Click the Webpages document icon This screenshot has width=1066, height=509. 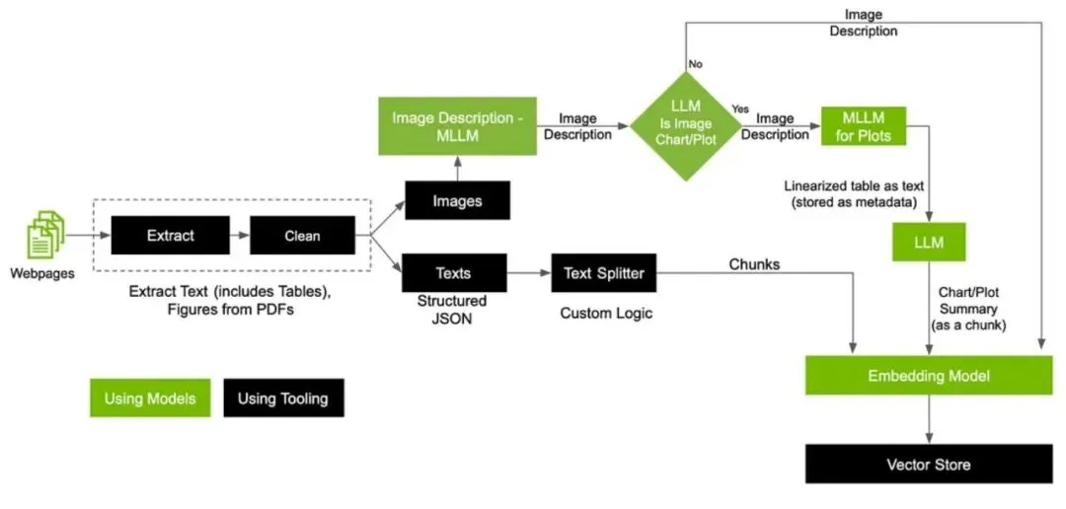pyautogui.click(x=43, y=238)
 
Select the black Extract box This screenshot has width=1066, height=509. pyautogui.click(x=171, y=237)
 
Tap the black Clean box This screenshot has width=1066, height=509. pyautogui.click(x=302, y=237)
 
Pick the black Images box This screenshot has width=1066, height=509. pyautogui.click(x=457, y=200)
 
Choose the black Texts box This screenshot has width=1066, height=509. pyautogui.click(x=453, y=272)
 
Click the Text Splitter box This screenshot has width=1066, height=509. pyautogui.click(x=604, y=272)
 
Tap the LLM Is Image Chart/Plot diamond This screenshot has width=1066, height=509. pyautogui.click(x=685, y=125)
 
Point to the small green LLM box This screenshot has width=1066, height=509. pyautogui.click(x=929, y=242)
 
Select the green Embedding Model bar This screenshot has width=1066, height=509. pyautogui.click(x=929, y=376)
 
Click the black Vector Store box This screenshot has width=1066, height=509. pyautogui.click(x=929, y=464)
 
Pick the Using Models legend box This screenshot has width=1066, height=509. pyautogui.click(x=150, y=398)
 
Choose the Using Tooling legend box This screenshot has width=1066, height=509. pyautogui.click(x=283, y=398)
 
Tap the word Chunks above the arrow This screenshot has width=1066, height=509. pyautogui.click(x=754, y=263)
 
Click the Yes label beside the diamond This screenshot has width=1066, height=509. pyautogui.click(x=739, y=108)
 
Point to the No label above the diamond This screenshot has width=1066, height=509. pyautogui.click(x=695, y=63)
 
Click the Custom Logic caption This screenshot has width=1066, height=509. pyautogui.click(x=606, y=313)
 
